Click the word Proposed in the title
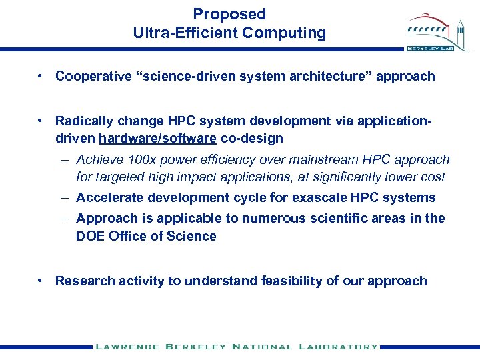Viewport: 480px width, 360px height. (x=229, y=14)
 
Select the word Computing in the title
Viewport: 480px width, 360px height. (x=285, y=33)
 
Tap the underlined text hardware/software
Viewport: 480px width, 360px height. (x=157, y=139)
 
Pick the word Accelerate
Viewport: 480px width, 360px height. (x=109, y=198)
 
